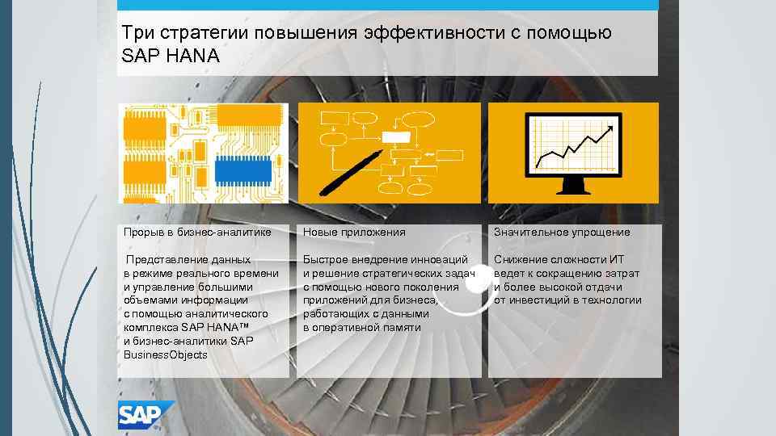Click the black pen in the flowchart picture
tap(350, 171)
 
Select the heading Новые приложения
tap(354, 233)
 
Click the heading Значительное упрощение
tap(562, 233)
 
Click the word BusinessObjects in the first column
tap(165, 354)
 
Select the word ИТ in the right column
tap(617, 260)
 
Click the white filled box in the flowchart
tap(396, 136)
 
